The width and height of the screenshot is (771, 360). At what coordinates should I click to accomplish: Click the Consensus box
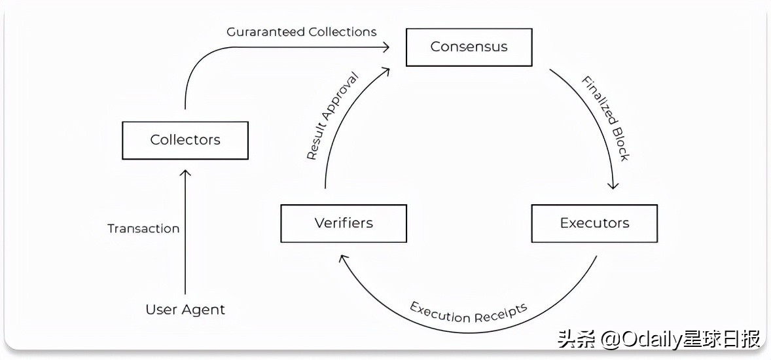click(469, 47)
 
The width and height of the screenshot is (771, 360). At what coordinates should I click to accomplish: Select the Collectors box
click(185, 140)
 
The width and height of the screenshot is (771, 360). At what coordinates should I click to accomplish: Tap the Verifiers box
click(344, 223)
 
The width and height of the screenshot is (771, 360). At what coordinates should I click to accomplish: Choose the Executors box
click(594, 223)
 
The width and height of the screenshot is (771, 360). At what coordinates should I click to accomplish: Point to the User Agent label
click(185, 310)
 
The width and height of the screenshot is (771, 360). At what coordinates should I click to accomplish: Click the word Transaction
click(143, 228)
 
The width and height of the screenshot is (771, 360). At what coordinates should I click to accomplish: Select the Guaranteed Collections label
click(302, 31)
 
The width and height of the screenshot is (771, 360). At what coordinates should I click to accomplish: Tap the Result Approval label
click(332, 116)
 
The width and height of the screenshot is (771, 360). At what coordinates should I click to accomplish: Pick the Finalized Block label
click(605, 118)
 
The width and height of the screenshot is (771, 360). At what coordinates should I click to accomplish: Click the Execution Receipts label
click(469, 310)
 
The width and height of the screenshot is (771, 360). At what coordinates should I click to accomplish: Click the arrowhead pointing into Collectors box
click(185, 172)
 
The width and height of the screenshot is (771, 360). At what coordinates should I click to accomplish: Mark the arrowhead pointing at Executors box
click(613, 186)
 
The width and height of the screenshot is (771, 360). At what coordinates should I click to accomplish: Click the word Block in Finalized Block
click(618, 145)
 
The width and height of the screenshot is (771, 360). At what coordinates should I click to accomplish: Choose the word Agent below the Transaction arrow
click(206, 310)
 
